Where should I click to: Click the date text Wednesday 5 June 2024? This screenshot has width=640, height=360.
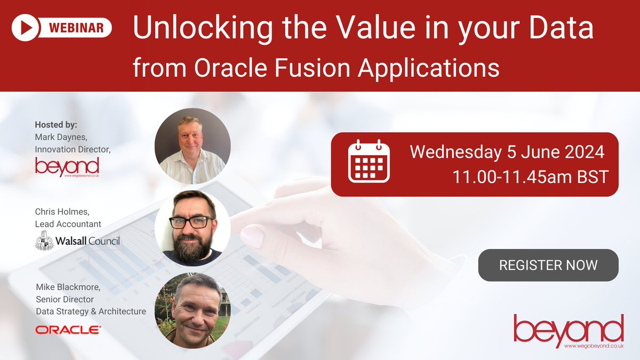pyautogui.click(x=507, y=152)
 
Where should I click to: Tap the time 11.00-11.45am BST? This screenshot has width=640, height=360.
pyautogui.click(x=530, y=177)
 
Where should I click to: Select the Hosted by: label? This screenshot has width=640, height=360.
pyautogui.click(x=56, y=125)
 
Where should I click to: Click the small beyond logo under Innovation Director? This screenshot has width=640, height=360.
pyautogui.click(x=67, y=166)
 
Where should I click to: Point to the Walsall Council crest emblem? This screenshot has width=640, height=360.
pyautogui.click(x=44, y=242)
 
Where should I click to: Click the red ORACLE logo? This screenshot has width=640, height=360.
pyautogui.click(x=68, y=330)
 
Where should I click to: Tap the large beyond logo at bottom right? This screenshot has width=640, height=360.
pyautogui.click(x=569, y=329)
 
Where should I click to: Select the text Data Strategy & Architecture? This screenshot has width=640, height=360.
pyautogui.click(x=90, y=311)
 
